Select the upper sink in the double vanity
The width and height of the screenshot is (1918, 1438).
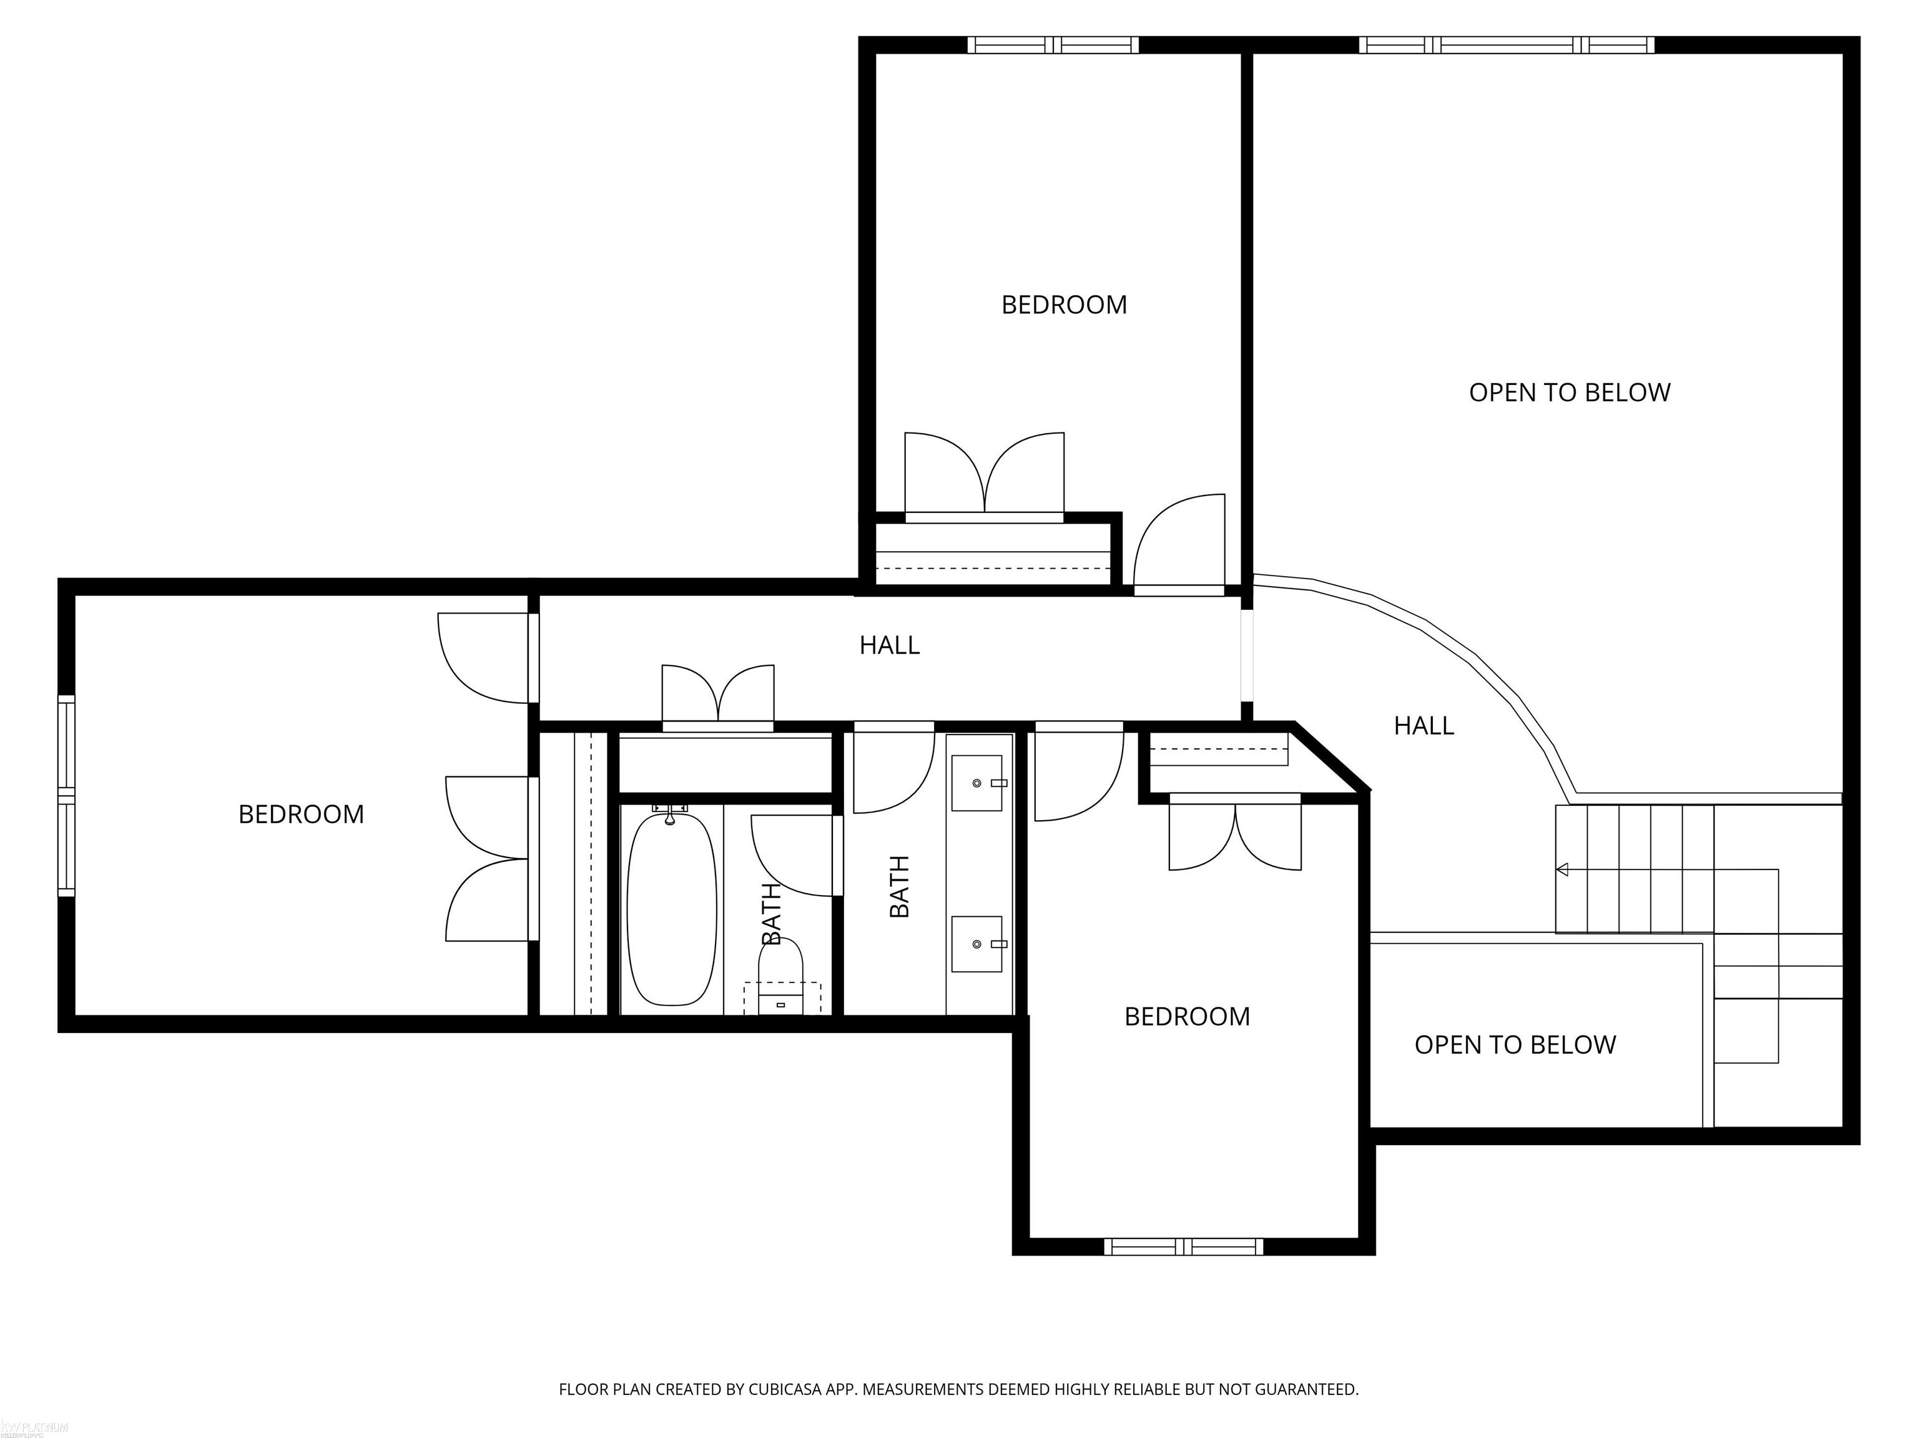(x=977, y=783)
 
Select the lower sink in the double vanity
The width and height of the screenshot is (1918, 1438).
(x=977, y=944)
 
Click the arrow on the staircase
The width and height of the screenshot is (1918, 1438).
(x=1563, y=869)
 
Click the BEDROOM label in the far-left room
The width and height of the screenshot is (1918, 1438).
(x=301, y=814)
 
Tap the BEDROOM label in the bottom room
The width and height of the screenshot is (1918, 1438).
(x=1187, y=1017)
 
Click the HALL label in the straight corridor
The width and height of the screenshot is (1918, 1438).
(x=890, y=645)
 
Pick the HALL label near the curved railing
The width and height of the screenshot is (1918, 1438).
(x=1424, y=725)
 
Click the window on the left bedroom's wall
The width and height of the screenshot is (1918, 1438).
(x=67, y=795)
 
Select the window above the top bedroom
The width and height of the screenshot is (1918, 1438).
(x=1053, y=45)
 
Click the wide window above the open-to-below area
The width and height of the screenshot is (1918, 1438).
(x=1506, y=45)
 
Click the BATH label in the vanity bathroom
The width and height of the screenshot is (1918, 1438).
(x=899, y=886)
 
